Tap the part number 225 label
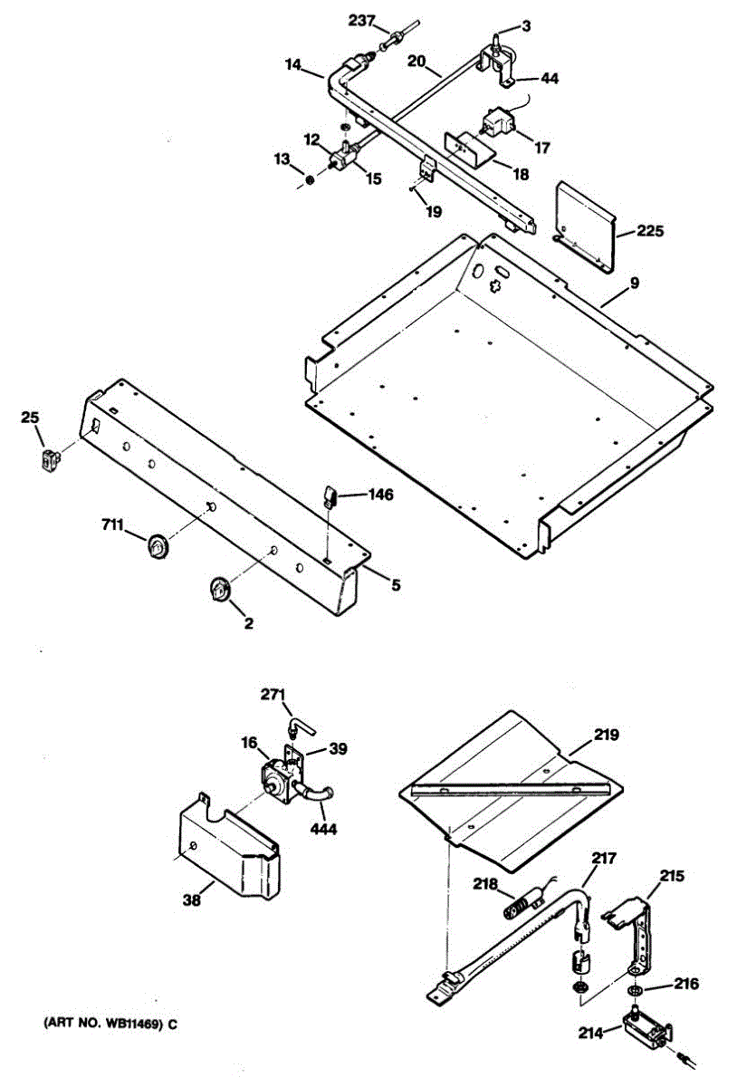tap(649, 231)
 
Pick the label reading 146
tap(380, 495)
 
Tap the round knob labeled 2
tap(219, 590)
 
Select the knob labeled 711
tap(159, 546)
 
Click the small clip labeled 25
tap(48, 458)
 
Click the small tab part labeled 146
tap(330, 495)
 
